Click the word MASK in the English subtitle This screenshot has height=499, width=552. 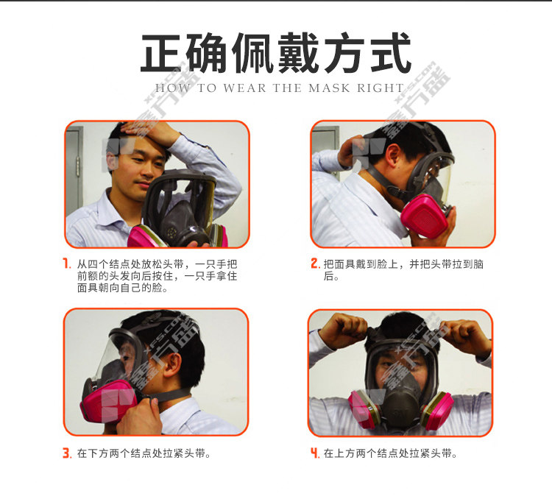coord(329,88)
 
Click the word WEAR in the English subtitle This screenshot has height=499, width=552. coord(244,88)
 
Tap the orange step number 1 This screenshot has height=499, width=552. coord(66,263)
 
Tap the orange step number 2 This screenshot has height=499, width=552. coord(315,263)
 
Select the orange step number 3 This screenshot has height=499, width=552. coord(67,453)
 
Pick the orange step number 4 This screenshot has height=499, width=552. coord(315,453)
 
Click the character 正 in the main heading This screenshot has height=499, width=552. coord(162,53)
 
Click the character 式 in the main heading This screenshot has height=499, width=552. coord(390,53)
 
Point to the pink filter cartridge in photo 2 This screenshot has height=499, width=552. coord(424,216)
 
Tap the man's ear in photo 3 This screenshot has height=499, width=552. coord(173,365)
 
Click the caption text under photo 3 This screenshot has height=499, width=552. coord(144,453)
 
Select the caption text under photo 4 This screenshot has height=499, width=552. coord(390,453)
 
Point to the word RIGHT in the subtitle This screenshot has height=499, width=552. coord(381,88)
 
